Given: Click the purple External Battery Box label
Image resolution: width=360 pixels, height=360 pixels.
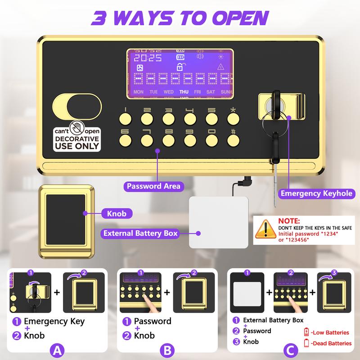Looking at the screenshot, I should pyautogui.click(x=140, y=233).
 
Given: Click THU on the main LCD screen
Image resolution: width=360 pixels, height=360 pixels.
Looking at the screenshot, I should pyautogui.click(x=184, y=92).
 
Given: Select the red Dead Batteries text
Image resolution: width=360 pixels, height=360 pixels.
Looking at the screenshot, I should pyautogui.click(x=332, y=343).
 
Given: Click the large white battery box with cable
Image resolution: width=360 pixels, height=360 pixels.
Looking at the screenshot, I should pyautogui.click(x=218, y=222).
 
